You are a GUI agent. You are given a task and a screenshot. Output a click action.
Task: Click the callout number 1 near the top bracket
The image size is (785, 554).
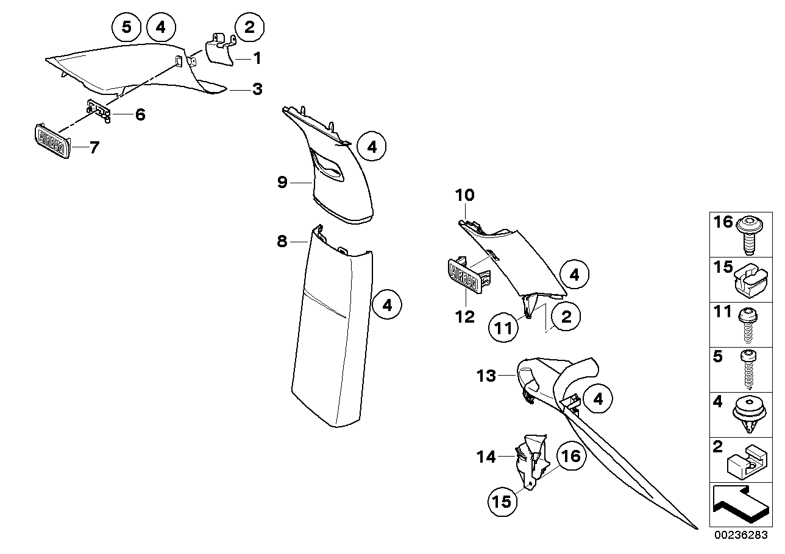tap(257, 58)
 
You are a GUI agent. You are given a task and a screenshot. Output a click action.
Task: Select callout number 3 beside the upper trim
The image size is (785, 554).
tap(257, 89)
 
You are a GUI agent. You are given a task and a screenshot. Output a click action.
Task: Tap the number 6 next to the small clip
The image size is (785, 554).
tap(140, 114)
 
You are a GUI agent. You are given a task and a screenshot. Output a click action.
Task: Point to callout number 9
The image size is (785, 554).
tap(282, 182)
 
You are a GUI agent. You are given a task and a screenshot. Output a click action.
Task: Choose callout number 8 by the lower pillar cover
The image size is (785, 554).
tap(282, 242)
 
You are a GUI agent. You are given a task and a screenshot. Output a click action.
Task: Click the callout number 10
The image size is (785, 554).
tap(464, 195)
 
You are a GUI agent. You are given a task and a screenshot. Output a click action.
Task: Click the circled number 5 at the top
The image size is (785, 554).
tap(127, 27)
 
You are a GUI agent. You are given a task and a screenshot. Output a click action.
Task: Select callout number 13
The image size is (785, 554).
tap(487, 376)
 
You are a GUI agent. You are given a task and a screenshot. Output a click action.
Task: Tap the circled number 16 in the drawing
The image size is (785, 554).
tap(570, 455)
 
